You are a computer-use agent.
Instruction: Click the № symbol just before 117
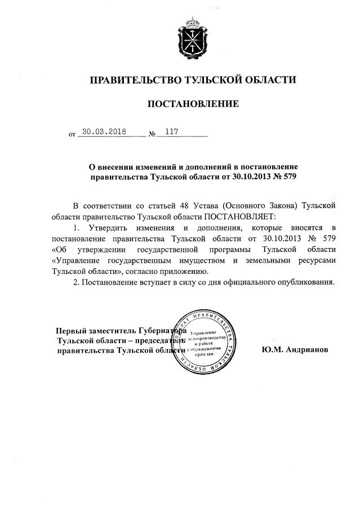point(152,135)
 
